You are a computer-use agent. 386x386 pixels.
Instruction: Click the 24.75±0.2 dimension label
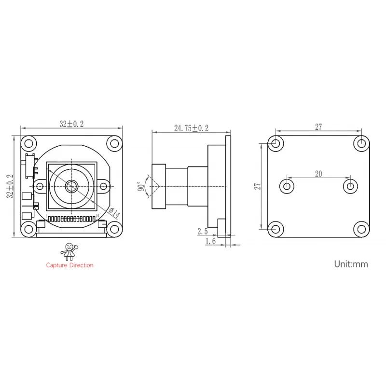[191, 128]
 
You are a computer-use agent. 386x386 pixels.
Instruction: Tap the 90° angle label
[140, 186]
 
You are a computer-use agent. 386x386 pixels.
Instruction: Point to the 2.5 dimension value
[202, 232]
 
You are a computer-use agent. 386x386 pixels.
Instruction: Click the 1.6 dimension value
[210, 241]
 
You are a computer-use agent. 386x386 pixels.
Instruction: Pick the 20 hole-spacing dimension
[318, 175]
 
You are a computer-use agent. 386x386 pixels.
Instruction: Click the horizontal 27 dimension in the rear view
[318, 127]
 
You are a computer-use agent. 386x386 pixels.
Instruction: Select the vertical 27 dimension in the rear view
[258, 186]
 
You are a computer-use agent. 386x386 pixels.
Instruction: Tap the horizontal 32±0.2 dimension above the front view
[71, 124]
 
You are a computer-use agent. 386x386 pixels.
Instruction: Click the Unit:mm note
[351, 264]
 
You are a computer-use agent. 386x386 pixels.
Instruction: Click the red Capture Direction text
[69, 265]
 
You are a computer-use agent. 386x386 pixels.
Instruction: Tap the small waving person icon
[69, 251]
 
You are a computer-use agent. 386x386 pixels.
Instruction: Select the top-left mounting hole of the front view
[29, 143]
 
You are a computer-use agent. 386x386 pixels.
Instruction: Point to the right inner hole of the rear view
[349, 186]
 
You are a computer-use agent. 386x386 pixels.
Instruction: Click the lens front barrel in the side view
[159, 186]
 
